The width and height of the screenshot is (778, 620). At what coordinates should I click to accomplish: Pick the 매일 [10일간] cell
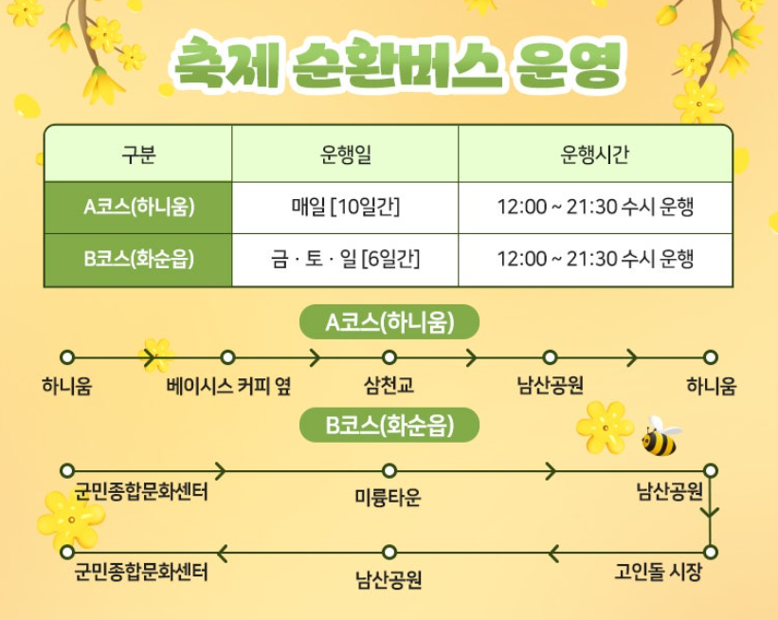click(345, 208)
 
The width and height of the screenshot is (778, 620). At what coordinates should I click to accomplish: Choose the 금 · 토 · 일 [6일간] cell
click(345, 259)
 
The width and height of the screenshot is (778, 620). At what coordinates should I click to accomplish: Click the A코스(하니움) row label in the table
click(138, 208)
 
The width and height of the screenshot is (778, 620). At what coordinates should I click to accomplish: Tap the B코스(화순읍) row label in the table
click(138, 259)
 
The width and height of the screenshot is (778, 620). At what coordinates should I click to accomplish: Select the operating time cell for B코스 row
click(595, 259)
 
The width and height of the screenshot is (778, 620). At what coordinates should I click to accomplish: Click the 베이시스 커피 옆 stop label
click(228, 387)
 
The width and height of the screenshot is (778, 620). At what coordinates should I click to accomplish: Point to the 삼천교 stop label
click(389, 387)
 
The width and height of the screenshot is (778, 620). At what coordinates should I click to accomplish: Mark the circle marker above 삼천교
click(389, 357)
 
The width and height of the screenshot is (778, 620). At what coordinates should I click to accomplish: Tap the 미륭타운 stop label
click(389, 498)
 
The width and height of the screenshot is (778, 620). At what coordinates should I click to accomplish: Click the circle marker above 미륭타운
click(389, 470)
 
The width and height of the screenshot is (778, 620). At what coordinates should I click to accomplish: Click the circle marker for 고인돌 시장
click(711, 551)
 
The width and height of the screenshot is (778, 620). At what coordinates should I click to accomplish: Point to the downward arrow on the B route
click(711, 513)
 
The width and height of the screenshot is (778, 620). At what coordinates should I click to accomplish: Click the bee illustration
click(660, 437)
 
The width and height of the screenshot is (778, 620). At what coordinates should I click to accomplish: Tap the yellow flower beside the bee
click(605, 426)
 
